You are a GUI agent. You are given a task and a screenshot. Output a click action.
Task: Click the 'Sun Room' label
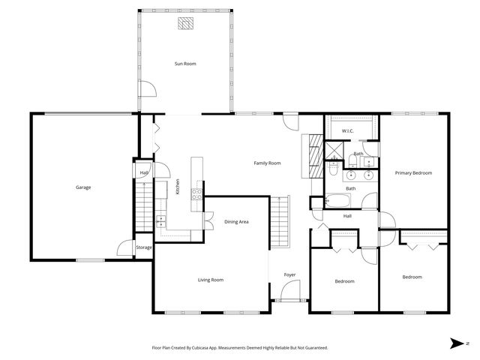click(185, 64)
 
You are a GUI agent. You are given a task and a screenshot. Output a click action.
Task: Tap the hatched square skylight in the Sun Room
click(185, 24)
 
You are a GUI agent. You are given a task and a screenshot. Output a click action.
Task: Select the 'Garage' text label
click(82, 187)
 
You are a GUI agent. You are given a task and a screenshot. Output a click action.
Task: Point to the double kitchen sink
click(160, 220)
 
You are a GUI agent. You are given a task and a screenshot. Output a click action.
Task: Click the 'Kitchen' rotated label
click(178, 187)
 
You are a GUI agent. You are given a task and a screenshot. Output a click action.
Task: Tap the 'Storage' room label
click(144, 247)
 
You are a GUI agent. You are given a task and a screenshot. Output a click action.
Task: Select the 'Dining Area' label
click(236, 222)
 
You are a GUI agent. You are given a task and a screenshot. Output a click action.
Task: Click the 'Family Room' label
click(267, 163)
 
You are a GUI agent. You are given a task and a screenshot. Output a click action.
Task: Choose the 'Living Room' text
click(211, 280)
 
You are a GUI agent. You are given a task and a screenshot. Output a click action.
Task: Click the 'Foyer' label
click(289, 274)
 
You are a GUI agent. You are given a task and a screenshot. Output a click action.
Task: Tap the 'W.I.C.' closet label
click(348, 131)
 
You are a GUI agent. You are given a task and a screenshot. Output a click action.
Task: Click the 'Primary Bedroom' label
click(413, 173)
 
